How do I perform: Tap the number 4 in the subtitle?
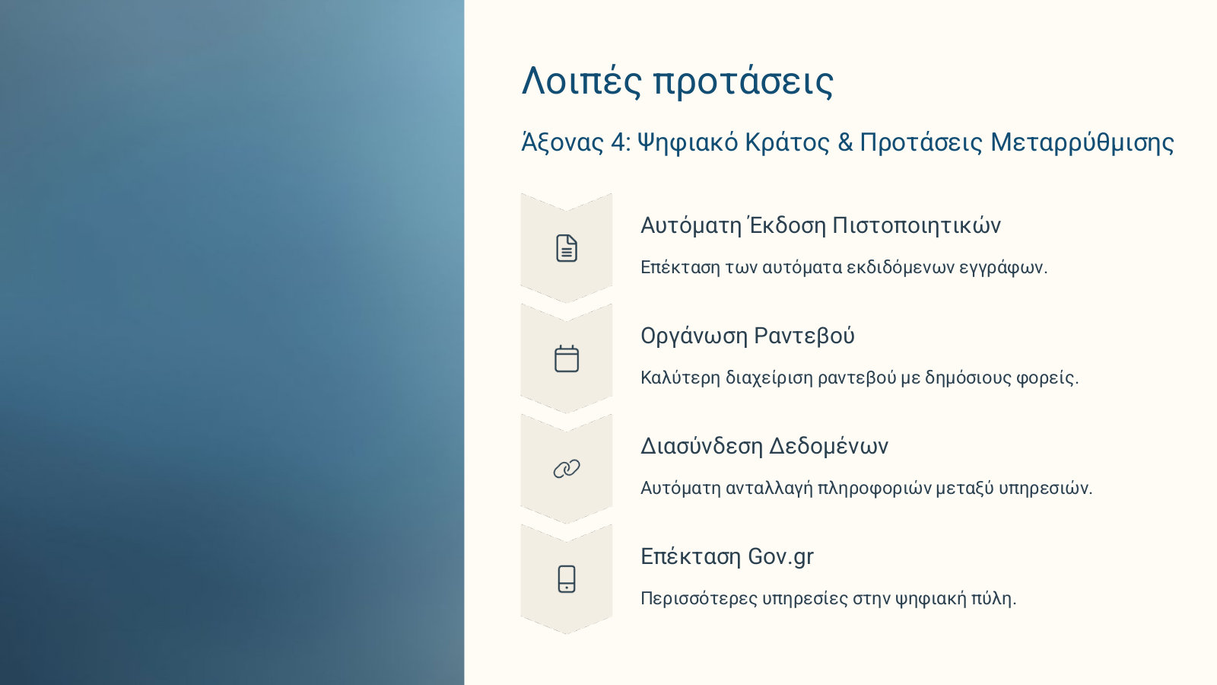(x=618, y=143)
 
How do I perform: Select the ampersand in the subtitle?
(x=845, y=143)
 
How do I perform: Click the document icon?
(x=567, y=248)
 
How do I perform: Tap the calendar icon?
(x=567, y=358)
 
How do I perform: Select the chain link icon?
(x=567, y=469)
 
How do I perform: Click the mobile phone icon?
(x=567, y=579)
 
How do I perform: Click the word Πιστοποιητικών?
(x=917, y=225)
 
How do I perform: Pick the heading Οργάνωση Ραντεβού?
(x=748, y=336)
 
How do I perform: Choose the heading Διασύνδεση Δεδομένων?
(x=764, y=446)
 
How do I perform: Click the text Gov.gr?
(x=780, y=557)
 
